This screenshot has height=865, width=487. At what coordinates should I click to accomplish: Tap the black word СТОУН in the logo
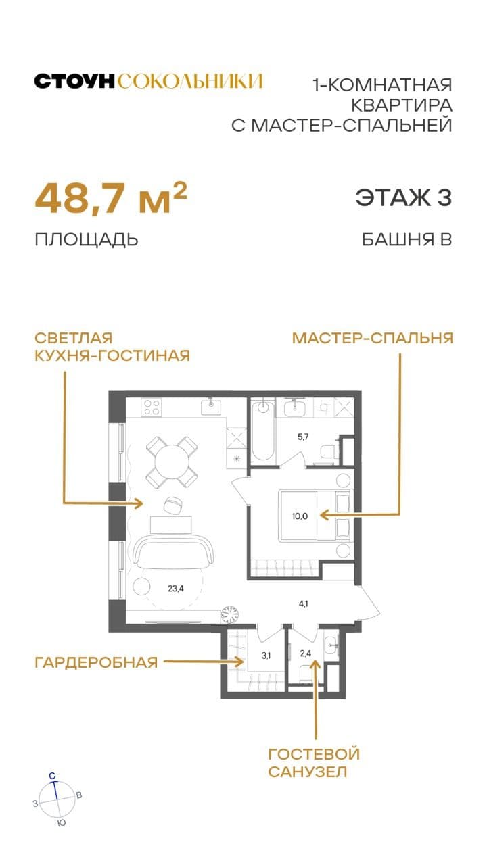click(x=75, y=82)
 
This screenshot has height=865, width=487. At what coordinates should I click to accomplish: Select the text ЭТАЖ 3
click(x=403, y=198)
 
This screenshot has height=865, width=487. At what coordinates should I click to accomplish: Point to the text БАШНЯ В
click(x=407, y=239)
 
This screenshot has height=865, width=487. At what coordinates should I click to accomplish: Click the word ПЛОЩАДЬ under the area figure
click(x=87, y=239)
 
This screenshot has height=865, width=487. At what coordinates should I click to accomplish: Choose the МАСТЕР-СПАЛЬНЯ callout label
click(x=372, y=338)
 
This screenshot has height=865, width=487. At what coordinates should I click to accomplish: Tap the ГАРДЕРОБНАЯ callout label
click(x=96, y=662)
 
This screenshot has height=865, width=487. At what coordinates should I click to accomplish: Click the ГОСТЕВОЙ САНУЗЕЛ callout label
click(x=314, y=762)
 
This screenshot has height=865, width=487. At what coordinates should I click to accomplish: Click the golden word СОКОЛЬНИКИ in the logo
click(x=189, y=82)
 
